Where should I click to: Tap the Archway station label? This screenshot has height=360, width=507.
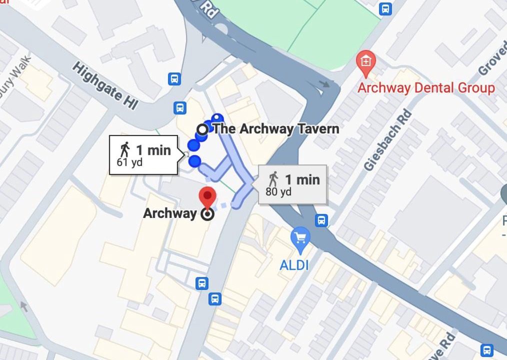pyautogui.click(x=170, y=213)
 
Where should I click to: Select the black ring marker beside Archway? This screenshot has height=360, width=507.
pyautogui.click(x=207, y=214)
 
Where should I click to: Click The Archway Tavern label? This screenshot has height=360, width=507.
pyautogui.click(x=276, y=129)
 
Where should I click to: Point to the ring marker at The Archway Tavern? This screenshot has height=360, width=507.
pyautogui.click(x=202, y=129)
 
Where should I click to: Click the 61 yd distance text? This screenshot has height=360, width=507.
pyautogui.click(x=129, y=162)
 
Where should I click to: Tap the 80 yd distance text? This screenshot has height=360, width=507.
pyautogui.click(x=278, y=192)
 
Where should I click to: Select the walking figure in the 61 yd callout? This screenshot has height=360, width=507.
pyautogui.click(x=125, y=149)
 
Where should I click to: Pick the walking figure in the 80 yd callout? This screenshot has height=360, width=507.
pyautogui.click(x=273, y=178)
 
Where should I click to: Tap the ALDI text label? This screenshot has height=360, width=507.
pyautogui.click(x=294, y=264)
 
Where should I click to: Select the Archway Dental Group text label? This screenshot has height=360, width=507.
pyautogui.click(x=426, y=88)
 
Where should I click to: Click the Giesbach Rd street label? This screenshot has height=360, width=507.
pyautogui.click(x=388, y=140)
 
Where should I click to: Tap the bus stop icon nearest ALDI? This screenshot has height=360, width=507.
pyautogui.click(x=321, y=220)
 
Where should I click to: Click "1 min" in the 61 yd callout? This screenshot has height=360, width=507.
pyautogui.click(x=153, y=150)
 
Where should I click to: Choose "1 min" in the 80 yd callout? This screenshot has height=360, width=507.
pyautogui.click(x=302, y=179)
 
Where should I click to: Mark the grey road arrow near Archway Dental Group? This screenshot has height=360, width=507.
pyautogui.click(x=325, y=83)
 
